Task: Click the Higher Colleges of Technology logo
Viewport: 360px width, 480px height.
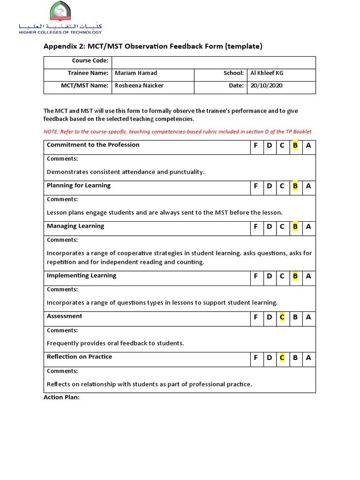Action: pos(60,18)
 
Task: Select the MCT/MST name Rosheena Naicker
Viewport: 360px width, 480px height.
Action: pos(140,86)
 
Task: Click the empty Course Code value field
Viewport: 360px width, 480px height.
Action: pos(213,61)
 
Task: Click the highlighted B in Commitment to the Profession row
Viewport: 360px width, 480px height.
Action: pos(295,145)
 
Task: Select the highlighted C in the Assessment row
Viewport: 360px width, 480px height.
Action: pos(282,317)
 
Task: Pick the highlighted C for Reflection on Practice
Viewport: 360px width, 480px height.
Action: pos(282,358)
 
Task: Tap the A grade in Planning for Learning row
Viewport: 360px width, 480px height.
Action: pos(308,186)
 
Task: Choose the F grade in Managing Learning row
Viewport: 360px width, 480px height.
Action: pos(256,227)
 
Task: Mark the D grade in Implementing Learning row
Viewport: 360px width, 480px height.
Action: pos(269,276)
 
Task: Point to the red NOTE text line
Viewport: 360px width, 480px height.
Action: pos(178,132)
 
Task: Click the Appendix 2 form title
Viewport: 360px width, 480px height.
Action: pos(153,46)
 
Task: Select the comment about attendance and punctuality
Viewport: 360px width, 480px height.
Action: pos(126,172)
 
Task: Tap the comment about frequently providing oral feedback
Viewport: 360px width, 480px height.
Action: pos(115,343)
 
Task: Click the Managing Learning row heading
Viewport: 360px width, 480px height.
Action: pos(75,226)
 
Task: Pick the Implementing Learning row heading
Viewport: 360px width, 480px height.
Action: pos(82,276)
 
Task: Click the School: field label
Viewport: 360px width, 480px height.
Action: pos(234,73)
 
